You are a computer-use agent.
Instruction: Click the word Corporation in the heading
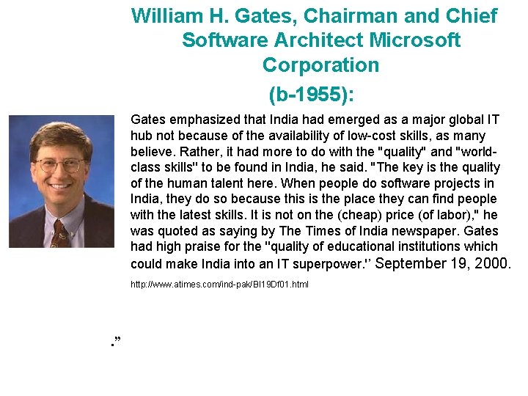pos(320,65)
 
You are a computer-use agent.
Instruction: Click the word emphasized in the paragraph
pos(203,120)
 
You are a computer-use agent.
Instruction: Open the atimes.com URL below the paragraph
pos(219,284)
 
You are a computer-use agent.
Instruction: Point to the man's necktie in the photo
pos(58,234)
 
